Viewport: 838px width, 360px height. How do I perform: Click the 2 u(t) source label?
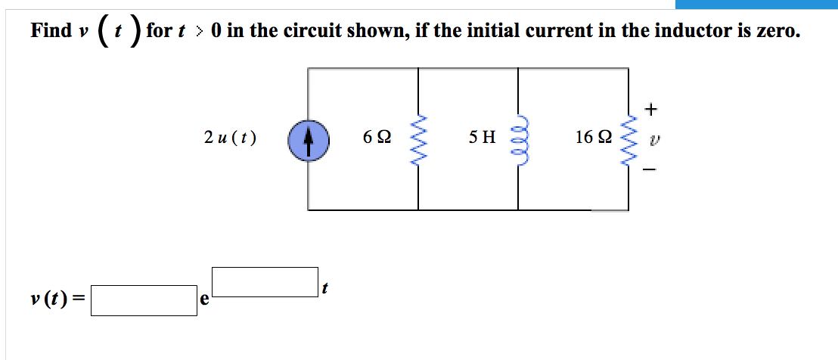[x=230, y=138]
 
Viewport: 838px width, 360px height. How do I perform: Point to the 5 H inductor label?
[x=482, y=138]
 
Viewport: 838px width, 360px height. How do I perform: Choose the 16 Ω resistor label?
[x=593, y=138]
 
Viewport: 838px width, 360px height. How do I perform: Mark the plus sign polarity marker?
[x=650, y=110]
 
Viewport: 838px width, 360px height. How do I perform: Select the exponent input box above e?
[x=265, y=281]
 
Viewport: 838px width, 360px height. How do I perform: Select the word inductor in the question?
[x=677, y=31]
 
